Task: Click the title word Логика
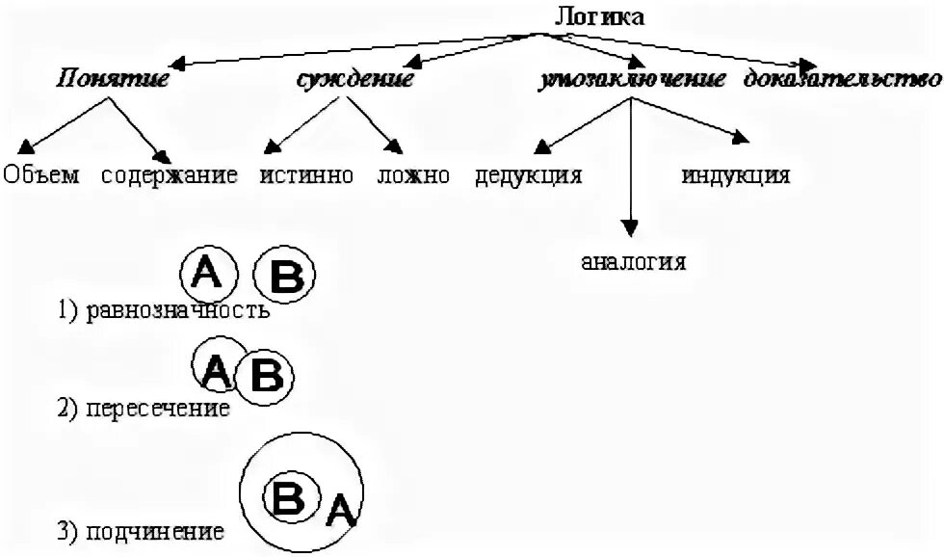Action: [x=598, y=16]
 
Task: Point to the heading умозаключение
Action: [x=632, y=80]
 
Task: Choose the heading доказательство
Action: [x=842, y=80]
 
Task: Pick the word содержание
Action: [x=170, y=175]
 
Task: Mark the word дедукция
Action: [x=528, y=176]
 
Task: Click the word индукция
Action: [x=736, y=176]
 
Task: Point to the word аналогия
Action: [x=634, y=261]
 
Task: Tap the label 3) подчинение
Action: [x=141, y=531]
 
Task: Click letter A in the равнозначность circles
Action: [x=207, y=274]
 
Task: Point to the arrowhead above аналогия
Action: [x=630, y=228]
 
